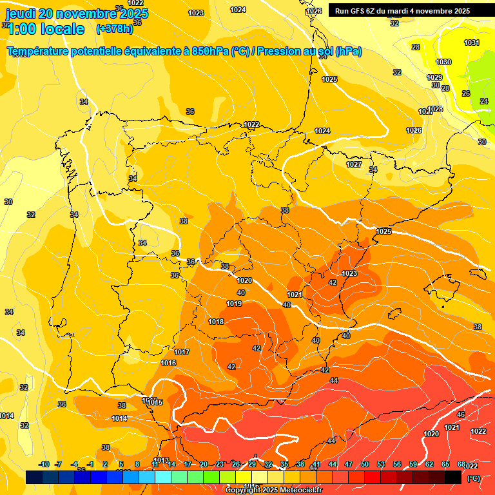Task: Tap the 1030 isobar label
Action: click(x=443, y=62)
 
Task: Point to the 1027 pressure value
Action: click(x=354, y=164)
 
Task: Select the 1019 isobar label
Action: click(x=235, y=304)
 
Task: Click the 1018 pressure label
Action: click(x=216, y=322)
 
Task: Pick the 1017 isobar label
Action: click(x=182, y=352)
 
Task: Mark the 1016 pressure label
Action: click(x=168, y=363)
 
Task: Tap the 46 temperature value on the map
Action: click(x=461, y=414)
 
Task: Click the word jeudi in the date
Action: click(x=21, y=13)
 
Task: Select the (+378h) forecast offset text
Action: click(x=114, y=29)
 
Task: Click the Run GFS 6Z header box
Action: click(x=402, y=11)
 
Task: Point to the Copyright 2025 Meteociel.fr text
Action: click(x=274, y=490)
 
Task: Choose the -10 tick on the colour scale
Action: click(x=44, y=464)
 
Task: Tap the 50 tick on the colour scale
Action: click(x=365, y=464)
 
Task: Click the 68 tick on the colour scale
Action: click(x=461, y=464)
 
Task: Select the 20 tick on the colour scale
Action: click(x=204, y=464)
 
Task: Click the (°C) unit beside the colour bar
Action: click(x=474, y=478)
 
